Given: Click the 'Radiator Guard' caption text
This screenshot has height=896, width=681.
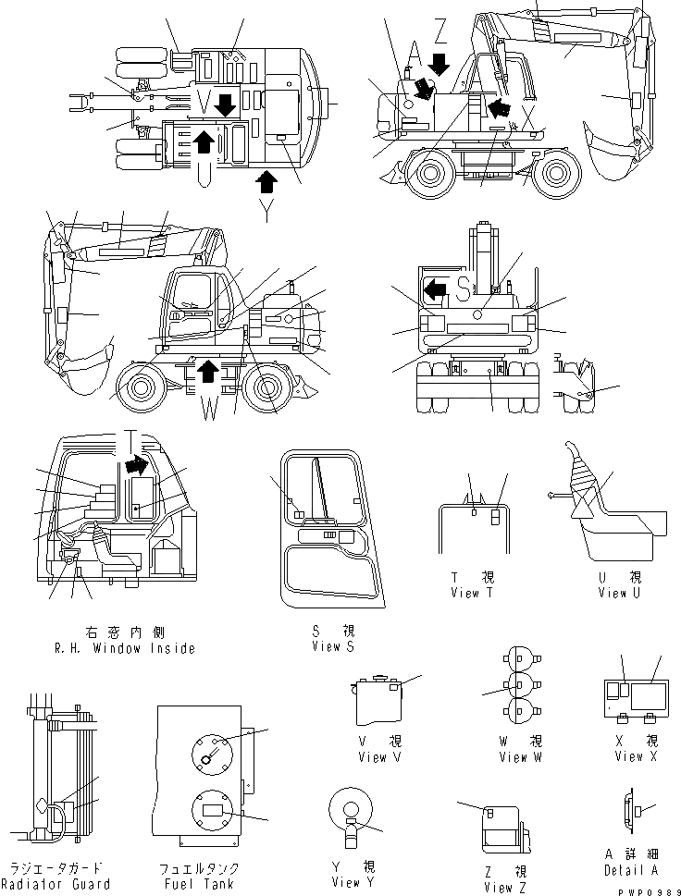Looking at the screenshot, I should click(x=57, y=884).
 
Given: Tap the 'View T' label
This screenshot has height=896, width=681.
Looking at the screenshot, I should click(x=477, y=593).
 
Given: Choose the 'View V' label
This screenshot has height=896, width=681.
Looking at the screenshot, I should click(x=379, y=757).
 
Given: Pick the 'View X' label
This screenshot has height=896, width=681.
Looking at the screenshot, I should click(x=636, y=756).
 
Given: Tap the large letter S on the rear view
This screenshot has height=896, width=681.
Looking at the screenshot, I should click(x=464, y=288).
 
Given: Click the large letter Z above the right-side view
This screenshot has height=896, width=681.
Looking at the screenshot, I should click(x=440, y=33).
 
